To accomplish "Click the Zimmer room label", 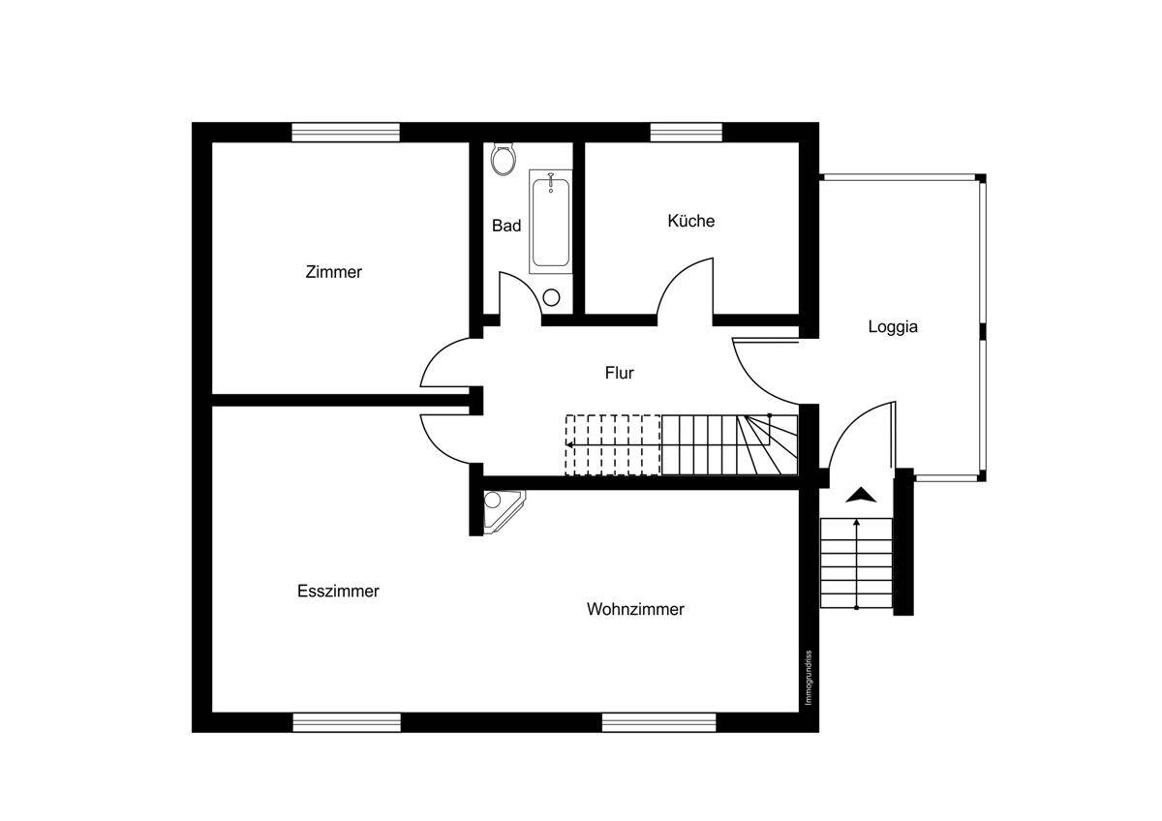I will click(x=333, y=272).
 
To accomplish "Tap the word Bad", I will click(x=506, y=226).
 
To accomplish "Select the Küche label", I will click(x=690, y=221).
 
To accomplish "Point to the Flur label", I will click(x=619, y=373).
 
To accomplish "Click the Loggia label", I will click(x=892, y=327).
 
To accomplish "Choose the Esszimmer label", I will click(x=338, y=592).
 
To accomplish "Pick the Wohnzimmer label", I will click(x=635, y=609).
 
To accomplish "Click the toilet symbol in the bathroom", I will click(x=502, y=159).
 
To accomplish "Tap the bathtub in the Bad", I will click(x=550, y=221).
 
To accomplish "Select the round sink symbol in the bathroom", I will click(x=552, y=297).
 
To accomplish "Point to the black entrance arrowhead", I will click(x=860, y=495).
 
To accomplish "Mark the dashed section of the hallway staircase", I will click(x=613, y=444).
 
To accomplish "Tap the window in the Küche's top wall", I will click(x=686, y=132).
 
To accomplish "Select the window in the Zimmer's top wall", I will click(x=346, y=132).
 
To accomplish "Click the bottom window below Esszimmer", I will click(x=347, y=722).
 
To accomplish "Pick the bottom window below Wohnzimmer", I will click(x=658, y=722).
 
